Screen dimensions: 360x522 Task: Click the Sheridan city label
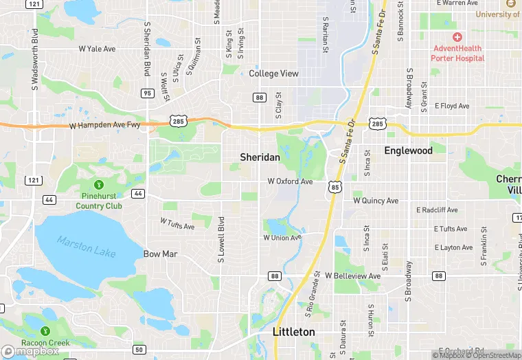click(x=260, y=157)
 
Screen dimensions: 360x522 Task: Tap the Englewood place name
click(x=408, y=150)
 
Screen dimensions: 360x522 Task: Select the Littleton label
click(x=294, y=332)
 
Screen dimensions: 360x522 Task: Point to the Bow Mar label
click(x=161, y=254)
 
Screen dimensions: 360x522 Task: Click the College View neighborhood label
click(x=273, y=74)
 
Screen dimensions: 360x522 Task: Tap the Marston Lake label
click(x=87, y=247)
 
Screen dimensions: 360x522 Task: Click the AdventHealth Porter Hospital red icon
click(x=457, y=36)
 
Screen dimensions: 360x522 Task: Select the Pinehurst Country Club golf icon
click(x=99, y=184)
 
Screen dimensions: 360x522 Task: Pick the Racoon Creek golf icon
click(x=45, y=331)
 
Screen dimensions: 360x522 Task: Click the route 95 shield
click(x=147, y=93)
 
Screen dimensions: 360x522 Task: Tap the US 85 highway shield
click(x=334, y=186)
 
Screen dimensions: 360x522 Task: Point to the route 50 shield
click(x=139, y=350)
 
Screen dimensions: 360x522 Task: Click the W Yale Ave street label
click(x=97, y=49)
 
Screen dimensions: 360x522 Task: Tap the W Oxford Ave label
click(x=290, y=181)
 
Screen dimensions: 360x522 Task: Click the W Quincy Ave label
click(x=376, y=201)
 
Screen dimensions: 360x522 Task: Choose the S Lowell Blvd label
click(x=221, y=240)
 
